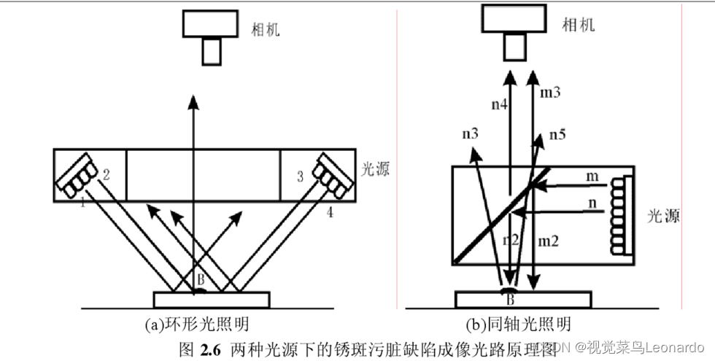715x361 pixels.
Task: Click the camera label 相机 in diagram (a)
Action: point(266,30)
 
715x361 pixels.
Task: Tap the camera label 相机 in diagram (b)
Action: point(578,26)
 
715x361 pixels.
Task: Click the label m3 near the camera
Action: point(552,94)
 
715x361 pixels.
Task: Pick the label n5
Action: point(558,134)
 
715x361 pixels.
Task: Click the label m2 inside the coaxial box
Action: point(549,241)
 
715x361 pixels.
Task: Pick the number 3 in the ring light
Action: point(299,176)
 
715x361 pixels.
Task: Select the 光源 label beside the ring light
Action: point(376,170)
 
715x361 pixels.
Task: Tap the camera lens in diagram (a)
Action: point(211,50)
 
